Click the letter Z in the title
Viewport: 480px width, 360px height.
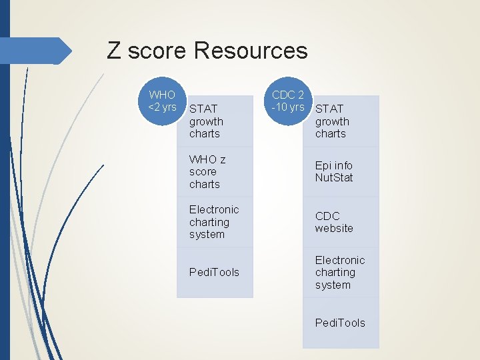coord(114,51)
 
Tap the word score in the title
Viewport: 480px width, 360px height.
coord(157,51)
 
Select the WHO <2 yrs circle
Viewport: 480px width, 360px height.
coord(162,102)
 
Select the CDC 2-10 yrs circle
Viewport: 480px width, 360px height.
coord(288,102)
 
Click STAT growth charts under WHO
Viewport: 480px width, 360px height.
coord(207,121)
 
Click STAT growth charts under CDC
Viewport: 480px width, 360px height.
coord(332,121)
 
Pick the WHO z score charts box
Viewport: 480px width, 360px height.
coord(207,172)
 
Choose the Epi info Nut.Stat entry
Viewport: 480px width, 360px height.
coord(334,171)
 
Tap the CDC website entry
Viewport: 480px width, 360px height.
coord(334,222)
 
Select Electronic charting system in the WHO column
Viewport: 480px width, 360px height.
coord(213,222)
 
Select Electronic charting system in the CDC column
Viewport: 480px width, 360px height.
coord(340,273)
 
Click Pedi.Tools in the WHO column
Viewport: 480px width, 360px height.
coord(214,272)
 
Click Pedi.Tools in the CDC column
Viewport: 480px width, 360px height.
coord(340,323)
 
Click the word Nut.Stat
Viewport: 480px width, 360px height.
coord(334,178)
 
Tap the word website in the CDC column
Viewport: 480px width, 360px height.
coord(334,229)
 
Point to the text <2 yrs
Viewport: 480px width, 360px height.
coord(162,107)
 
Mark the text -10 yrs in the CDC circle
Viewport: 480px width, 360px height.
coord(288,107)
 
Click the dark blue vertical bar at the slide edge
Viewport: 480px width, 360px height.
coord(5,200)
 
